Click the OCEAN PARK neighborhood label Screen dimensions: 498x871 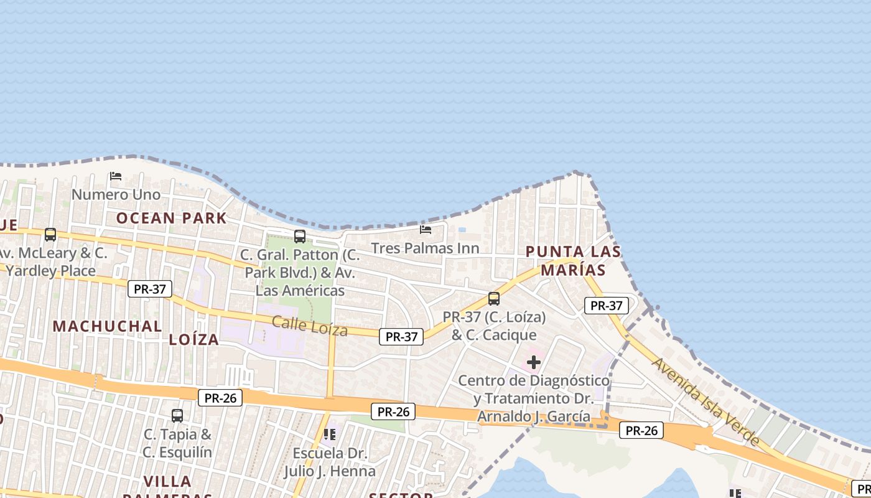(171, 218)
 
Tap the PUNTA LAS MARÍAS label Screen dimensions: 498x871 (573, 261)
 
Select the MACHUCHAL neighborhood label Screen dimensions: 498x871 (107, 326)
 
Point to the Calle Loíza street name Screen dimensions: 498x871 (309, 326)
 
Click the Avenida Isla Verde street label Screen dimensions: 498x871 (706, 401)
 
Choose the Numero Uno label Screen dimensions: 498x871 (116, 195)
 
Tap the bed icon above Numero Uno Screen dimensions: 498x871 (116, 176)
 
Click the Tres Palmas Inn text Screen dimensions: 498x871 (425, 248)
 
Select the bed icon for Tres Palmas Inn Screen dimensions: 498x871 (426, 229)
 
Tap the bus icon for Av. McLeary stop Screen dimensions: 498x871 (50, 235)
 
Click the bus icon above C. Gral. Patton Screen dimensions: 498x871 (300, 237)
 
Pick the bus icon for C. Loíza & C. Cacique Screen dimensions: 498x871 (494, 299)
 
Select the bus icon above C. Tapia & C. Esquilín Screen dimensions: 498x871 (177, 415)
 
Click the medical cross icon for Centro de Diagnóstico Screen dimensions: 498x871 (534, 362)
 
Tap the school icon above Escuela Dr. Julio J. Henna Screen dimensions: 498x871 (330, 434)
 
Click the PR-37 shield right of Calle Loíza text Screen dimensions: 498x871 (401, 337)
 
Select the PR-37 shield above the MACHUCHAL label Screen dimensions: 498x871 (150, 289)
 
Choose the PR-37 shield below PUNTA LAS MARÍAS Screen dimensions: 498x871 (607, 306)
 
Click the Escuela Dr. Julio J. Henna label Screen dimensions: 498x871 (330, 462)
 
